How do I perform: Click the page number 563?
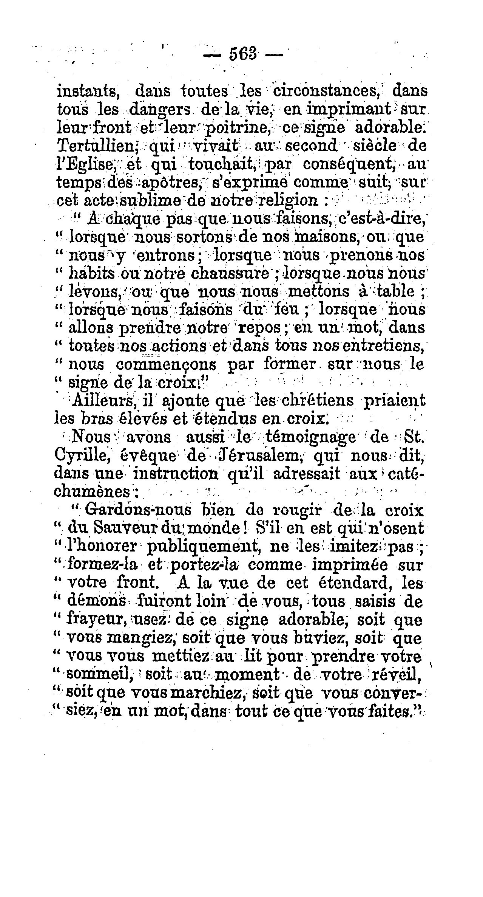point(242,53)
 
